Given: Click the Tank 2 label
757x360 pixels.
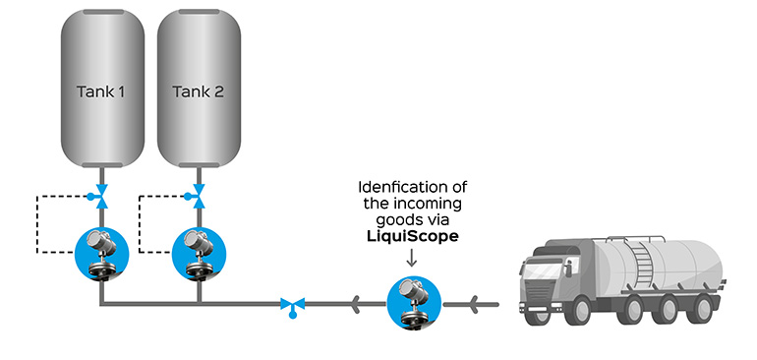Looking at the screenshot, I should [x=199, y=91].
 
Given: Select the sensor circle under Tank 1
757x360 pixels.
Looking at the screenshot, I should [x=101, y=253].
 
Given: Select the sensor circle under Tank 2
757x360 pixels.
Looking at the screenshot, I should [x=199, y=253].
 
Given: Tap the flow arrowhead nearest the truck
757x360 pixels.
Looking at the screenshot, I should [x=476, y=304].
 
